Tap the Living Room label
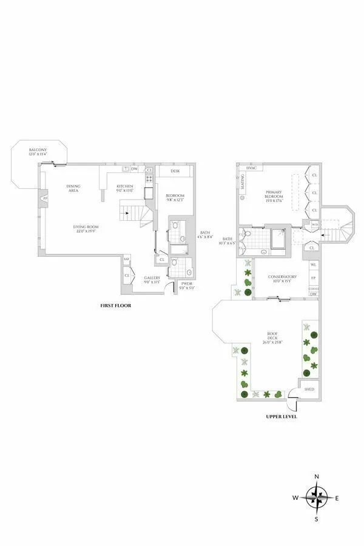(x=87, y=229)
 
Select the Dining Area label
(x=73, y=188)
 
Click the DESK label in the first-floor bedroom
(x=175, y=171)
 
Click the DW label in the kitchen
(x=134, y=169)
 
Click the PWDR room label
(x=186, y=285)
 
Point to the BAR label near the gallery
(x=127, y=260)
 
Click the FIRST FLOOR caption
(x=115, y=306)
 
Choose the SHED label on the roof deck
(x=309, y=389)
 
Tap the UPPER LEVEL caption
(x=281, y=417)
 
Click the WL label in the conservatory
(x=313, y=265)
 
